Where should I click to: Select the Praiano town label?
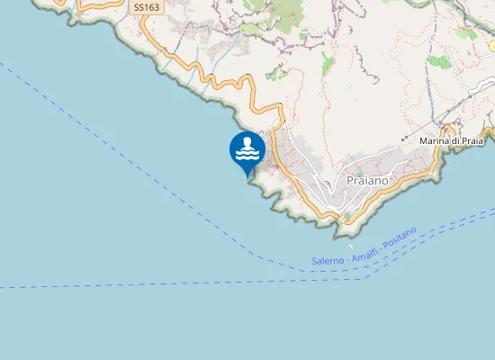tap(367, 180)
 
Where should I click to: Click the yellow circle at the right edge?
tap(491, 45)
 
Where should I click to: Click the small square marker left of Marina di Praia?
tap(404, 141)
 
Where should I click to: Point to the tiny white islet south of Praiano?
tap(350, 242)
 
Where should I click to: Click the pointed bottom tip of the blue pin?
tap(247, 176)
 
